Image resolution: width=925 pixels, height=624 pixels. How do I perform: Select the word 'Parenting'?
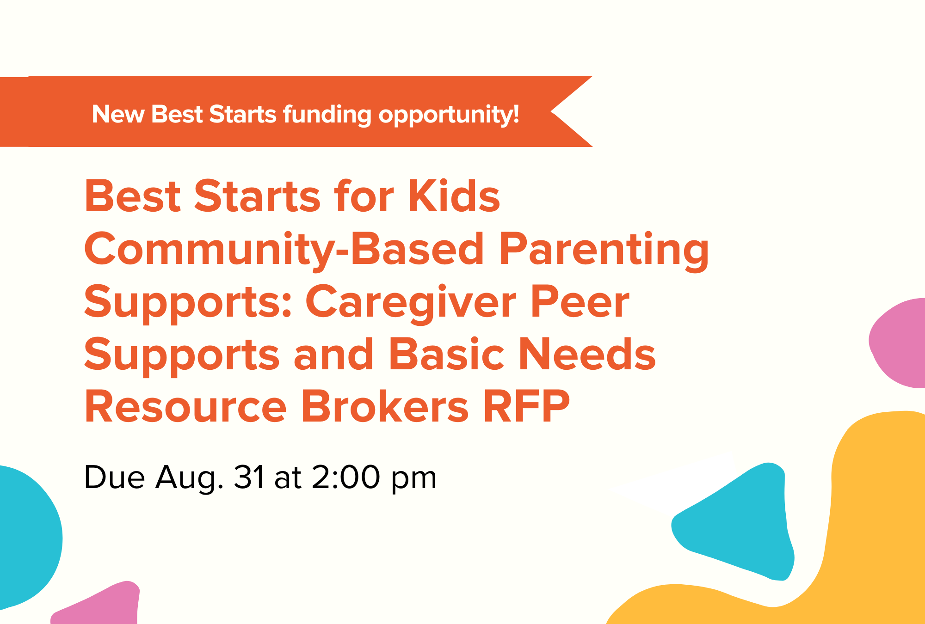(604, 251)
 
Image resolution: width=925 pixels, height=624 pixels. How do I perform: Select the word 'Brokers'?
(385, 407)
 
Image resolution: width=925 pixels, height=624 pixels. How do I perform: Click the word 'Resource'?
(185, 407)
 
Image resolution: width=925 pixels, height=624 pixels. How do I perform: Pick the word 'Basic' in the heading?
(446, 355)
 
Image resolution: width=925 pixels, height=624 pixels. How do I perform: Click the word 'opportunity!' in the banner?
(449, 115)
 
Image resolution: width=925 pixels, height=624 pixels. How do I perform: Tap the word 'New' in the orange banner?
(118, 114)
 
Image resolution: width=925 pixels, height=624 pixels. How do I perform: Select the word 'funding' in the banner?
(327, 115)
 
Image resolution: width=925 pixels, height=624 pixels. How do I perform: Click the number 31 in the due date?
(249, 477)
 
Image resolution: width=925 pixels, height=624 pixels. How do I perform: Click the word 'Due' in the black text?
(114, 477)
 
